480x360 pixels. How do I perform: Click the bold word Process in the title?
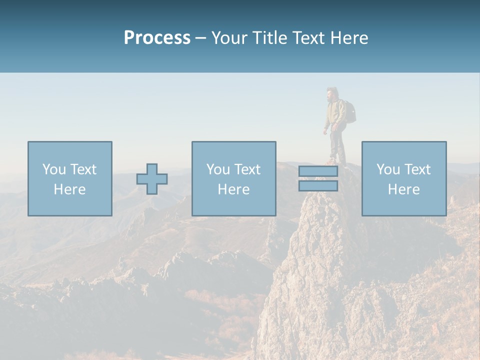pyautogui.click(x=157, y=38)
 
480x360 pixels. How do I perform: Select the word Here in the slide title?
pyautogui.click(x=348, y=38)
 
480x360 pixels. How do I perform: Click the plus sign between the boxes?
pyautogui.click(x=152, y=179)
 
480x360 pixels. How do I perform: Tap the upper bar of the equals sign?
pyautogui.click(x=318, y=171)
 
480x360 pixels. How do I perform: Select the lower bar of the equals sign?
pyautogui.click(x=318, y=186)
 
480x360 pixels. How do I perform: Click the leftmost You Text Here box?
pyautogui.click(x=70, y=178)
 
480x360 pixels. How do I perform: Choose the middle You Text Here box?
pyautogui.click(x=233, y=178)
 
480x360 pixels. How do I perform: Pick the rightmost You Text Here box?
pyautogui.click(x=404, y=178)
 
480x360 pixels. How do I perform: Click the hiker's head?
pyautogui.click(x=330, y=94)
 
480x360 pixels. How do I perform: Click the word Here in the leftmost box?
pyautogui.click(x=70, y=189)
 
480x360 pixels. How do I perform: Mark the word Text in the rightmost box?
pyautogui.click(x=418, y=169)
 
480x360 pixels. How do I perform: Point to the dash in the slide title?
pyautogui.click(x=201, y=38)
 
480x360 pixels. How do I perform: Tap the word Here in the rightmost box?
pyautogui.click(x=404, y=189)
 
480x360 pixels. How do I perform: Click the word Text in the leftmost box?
pyautogui.click(x=84, y=169)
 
